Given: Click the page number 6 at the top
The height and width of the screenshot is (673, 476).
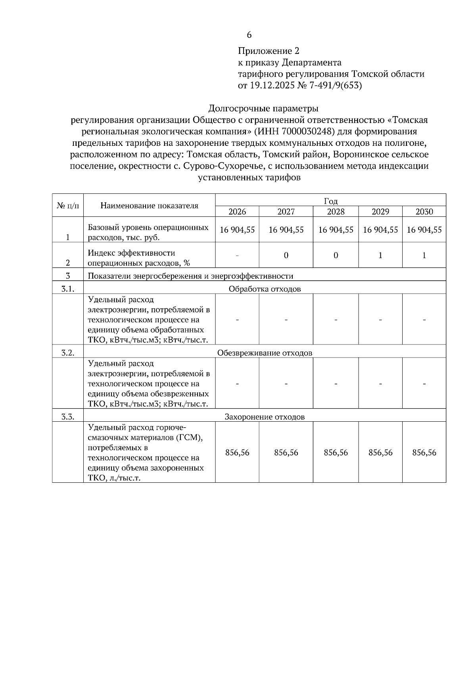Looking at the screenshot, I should coord(249,35).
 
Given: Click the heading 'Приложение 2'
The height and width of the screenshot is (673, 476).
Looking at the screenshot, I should coord(269,51).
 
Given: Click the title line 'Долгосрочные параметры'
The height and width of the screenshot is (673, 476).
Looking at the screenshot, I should coord(263,108).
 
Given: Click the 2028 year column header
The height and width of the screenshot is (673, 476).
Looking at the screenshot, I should coord(336,212).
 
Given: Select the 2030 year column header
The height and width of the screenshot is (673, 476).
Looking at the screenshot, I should coord(424,212).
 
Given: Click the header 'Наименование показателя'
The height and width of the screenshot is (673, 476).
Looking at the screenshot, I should coord(149,205).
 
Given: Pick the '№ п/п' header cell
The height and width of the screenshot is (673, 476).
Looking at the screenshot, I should coord(68,205).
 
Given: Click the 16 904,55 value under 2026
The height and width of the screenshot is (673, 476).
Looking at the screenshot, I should coord(237,230).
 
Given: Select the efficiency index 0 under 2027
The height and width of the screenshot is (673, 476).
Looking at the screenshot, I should coord(286,256).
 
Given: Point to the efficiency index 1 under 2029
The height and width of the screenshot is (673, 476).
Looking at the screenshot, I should coord(380,256).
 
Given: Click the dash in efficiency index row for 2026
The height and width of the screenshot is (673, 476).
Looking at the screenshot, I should coord(237,256).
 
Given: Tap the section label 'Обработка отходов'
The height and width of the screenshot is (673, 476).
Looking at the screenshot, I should coord(265,289).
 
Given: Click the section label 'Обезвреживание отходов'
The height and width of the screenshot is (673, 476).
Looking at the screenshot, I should coord(265,353).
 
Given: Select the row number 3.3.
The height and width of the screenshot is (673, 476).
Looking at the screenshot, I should coord(68,417).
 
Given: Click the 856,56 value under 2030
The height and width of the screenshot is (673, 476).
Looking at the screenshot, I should coord(424,453).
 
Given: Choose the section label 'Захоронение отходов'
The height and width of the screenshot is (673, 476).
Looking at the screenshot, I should coord(265,417).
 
